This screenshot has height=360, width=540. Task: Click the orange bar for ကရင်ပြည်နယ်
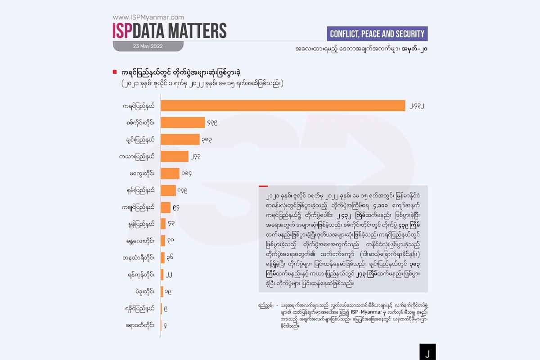click(x=283, y=105)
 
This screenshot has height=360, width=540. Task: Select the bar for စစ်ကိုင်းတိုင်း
click(x=183, y=122)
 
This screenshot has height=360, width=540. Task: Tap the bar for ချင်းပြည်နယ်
click(x=180, y=139)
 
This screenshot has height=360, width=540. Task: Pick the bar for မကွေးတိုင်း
click(x=170, y=173)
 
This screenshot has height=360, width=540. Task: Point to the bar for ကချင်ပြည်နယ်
click(x=166, y=207)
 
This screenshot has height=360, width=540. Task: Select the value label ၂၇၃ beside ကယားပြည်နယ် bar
click(x=197, y=157)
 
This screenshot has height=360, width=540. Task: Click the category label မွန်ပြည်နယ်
click(x=141, y=224)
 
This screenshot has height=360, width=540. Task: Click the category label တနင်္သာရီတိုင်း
click(x=138, y=257)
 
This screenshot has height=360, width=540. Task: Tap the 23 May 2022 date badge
click(x=148, y=46)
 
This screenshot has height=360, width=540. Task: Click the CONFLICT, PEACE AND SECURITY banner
click(x=377, y=34)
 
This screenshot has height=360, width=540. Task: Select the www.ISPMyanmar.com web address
click(x=148, y=18)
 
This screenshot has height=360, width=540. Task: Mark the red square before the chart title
click(x=115, y=72)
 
